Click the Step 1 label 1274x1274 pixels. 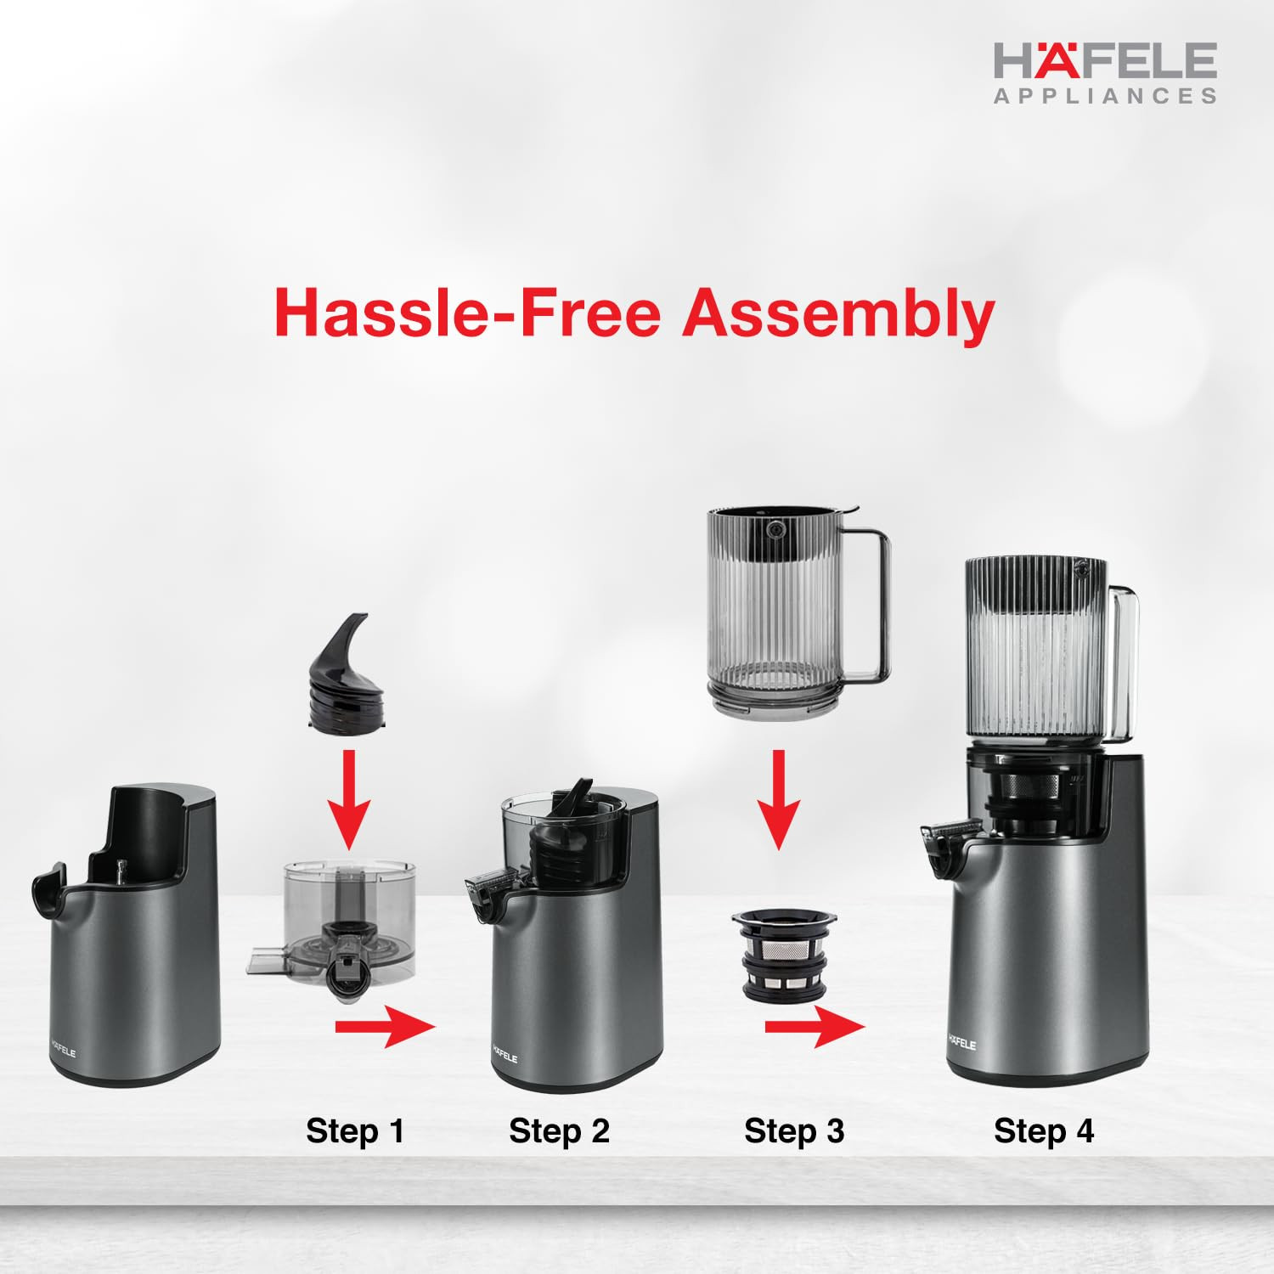coord(355,1131)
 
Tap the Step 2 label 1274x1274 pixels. coord(559,1131)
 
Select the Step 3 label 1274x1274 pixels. coord(794,1131)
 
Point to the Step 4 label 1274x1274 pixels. coord(1044,1131)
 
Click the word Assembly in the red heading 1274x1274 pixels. coord(838,313)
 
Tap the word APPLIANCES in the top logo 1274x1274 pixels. coord(1106,96)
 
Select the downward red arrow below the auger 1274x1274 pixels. coord(348,798)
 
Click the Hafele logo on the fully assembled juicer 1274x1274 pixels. coord(962,1041)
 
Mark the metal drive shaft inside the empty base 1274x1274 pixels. coord(121,871)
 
